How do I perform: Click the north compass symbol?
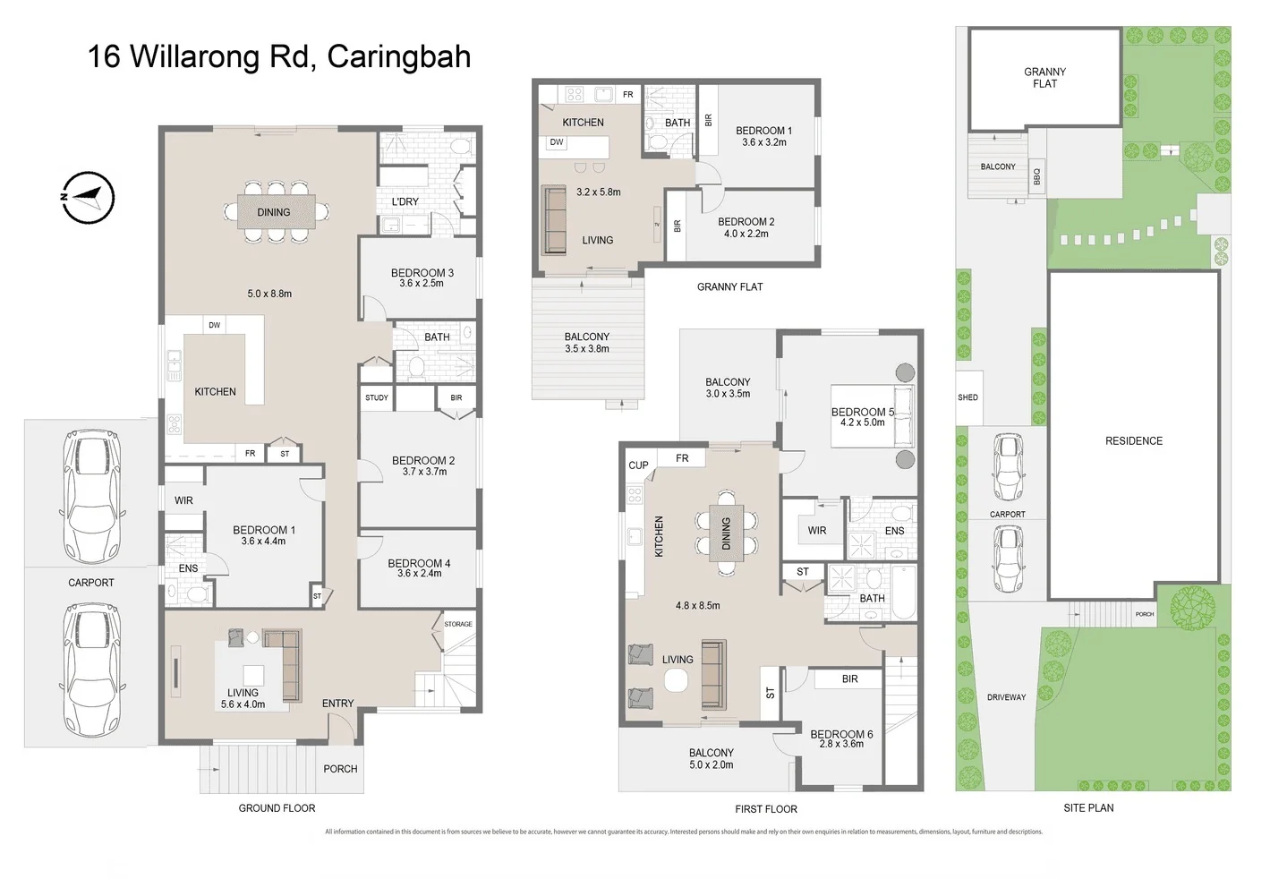click(x=89, y=196)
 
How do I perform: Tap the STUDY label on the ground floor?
click(x=377, y=397)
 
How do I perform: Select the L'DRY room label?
click(x=405, y=201)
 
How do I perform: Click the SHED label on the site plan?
click(x=967, y=397)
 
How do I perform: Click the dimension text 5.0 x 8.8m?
click(x=269, y=294)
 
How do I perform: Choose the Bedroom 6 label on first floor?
click(x=840, y=734)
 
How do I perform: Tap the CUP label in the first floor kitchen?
click(x=638, y=465)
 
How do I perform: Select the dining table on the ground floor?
click(x=275, y=212)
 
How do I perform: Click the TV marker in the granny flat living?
click(x=657, y=225)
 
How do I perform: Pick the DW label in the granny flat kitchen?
click(x=557, y=142)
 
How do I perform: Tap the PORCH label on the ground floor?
click(x=340, y=769)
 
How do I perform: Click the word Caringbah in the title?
click(x=398, y=57)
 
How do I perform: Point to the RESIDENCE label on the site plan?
click(x=1133, y=441)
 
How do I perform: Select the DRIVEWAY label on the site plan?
click(x=1006, y=697)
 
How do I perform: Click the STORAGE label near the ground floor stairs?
click(x=458, y=624)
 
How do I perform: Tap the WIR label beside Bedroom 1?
click(x=183, y=501)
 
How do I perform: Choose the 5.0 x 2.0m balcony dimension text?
click(x=712, y=765)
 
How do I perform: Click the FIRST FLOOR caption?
click(x=765, y=809)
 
